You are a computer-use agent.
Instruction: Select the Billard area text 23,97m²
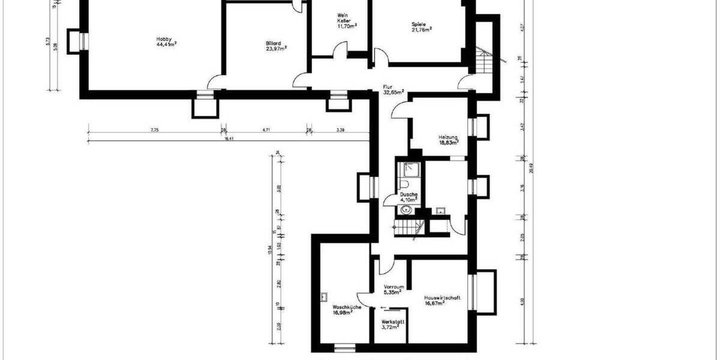pyautogui.click(x=276, y=49)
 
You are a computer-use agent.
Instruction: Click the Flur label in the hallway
pyautogui.click(x=388, y=86)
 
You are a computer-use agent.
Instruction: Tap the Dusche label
pyautogui.click(x=409, y=194)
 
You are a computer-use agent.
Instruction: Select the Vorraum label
pyautogui.click(x=393, y=287)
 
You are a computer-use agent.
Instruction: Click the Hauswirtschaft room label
pyautogui.click(x=442, y=298)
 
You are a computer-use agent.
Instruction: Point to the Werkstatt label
pyautogui.click(x=393, y=322)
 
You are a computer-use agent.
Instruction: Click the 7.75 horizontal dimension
pyautogui.click(x=154, y=130)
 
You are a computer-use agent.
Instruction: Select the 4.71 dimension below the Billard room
pyautogui.click(x=267, y=130)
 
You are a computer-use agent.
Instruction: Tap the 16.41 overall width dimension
pyautogui.click(x=228, y=137)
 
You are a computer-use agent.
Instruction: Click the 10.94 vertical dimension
pyautogui.click(x=270, y=248)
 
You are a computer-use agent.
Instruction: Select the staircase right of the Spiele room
pyautogui.click(x=484, y=61)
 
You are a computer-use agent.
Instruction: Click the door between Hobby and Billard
pyautogui.click(x=214, y=82)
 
